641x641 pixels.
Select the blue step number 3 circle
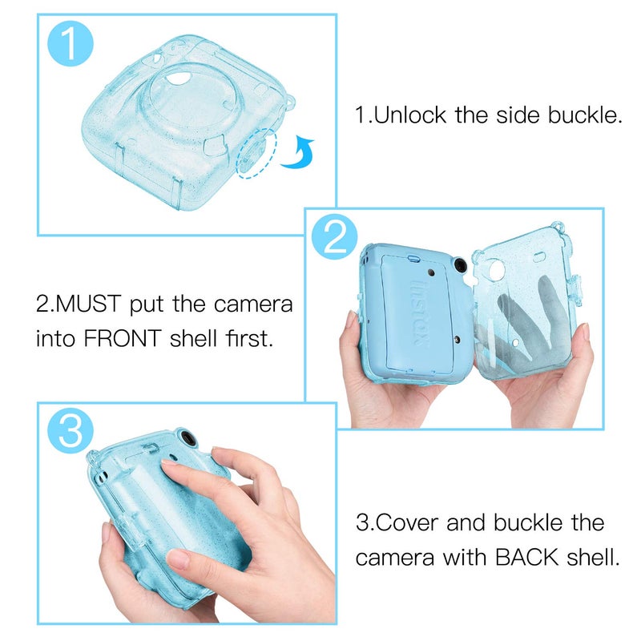click(71, 433)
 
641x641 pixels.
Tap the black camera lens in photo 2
click(460, 267)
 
